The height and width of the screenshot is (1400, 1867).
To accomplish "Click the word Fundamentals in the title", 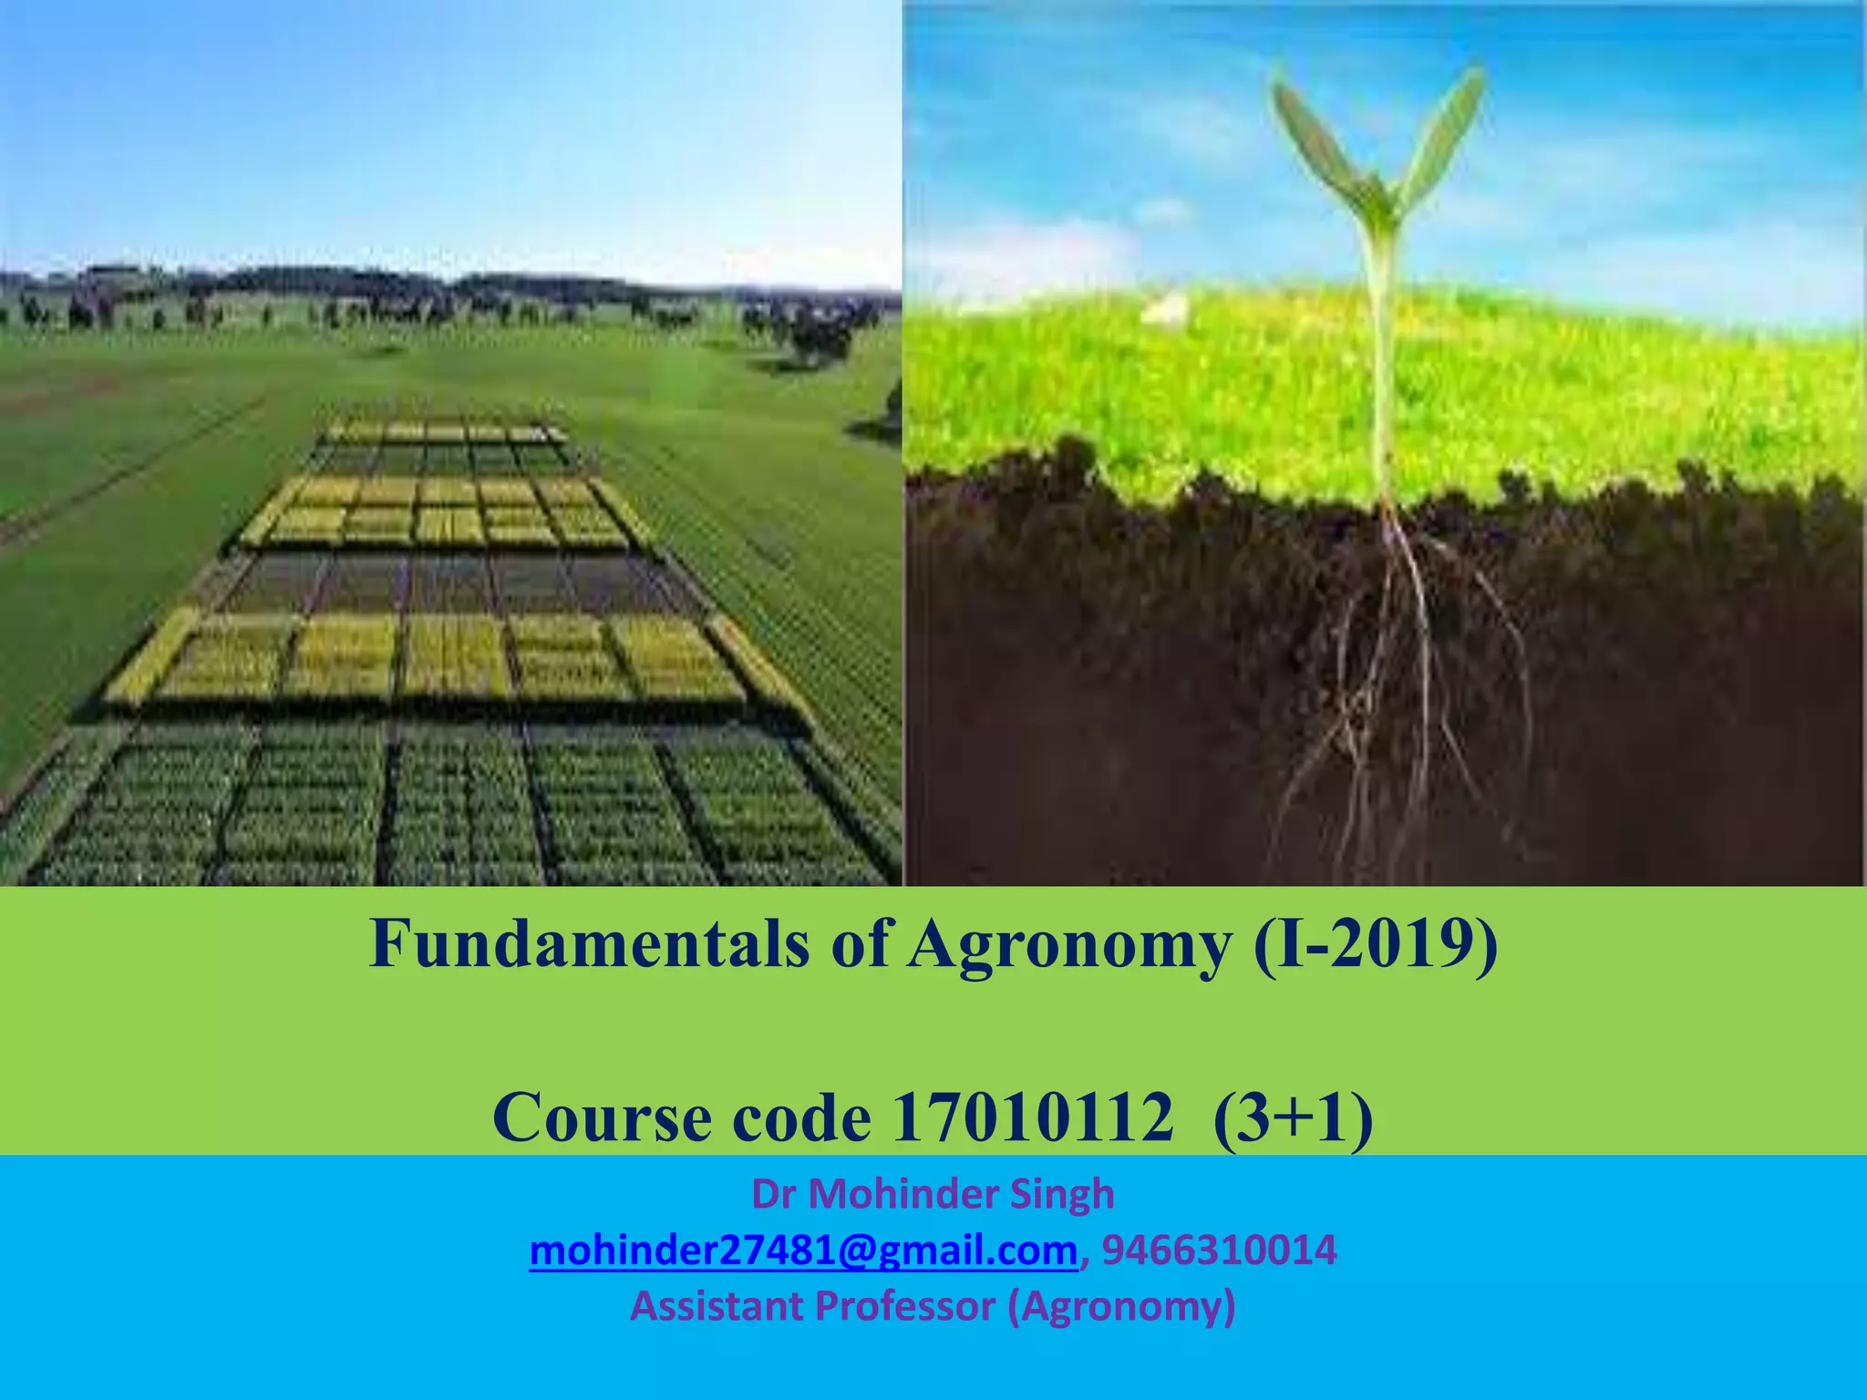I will coord(589,944).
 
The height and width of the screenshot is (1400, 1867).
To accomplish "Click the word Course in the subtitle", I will coord(603,1118).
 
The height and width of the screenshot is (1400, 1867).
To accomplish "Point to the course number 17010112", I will coord(1032,1118).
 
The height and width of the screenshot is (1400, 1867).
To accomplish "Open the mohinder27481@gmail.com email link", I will coord(803,1251).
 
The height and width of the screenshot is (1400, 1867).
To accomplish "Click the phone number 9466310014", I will coord(1219,1251).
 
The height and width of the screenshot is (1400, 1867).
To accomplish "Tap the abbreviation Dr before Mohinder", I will coord(774,1194).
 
